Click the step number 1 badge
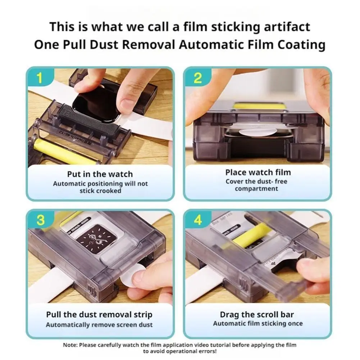coord(40,78)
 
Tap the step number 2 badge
coord(197,78)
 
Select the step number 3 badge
coord(40,220)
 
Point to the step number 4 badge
coord(198,220)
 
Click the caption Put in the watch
coord(100,174)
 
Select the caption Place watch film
coord(258,172)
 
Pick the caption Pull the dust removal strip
coord(99,315)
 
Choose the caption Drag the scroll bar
coord(257,314)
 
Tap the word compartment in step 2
coord(256,189)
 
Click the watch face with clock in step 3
coord(96,237)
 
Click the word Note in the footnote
coord(70,345)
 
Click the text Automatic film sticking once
coord(258,323)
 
